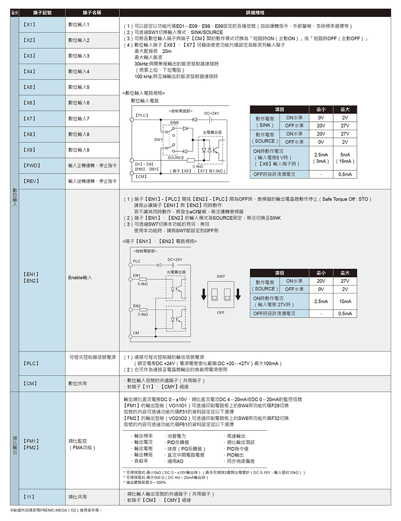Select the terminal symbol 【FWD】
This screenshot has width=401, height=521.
[x=33, y=165]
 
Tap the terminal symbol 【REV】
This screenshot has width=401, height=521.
[x=32, y=181]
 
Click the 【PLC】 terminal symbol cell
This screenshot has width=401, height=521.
[x=31, y=364]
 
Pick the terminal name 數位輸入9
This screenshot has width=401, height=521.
[x=79, y=150]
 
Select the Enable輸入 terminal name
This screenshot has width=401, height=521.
[x=80, y=277]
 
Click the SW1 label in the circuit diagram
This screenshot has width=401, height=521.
[x=158, y=140]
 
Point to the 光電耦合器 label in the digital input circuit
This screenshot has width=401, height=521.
[x=212, y=132]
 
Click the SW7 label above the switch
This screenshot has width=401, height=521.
[x=221, y=277]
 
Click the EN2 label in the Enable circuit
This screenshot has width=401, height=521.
[x=137, y=305]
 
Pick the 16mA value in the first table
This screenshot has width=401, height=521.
[x=345, y=161]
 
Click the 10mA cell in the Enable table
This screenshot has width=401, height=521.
[x=345, y=302]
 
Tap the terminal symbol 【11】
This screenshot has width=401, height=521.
[x=29, y=496]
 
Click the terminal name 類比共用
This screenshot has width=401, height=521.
[x=78, y=496]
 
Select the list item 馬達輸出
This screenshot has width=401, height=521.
[x=236, y=436]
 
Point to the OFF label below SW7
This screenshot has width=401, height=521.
[x=221, y=313]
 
